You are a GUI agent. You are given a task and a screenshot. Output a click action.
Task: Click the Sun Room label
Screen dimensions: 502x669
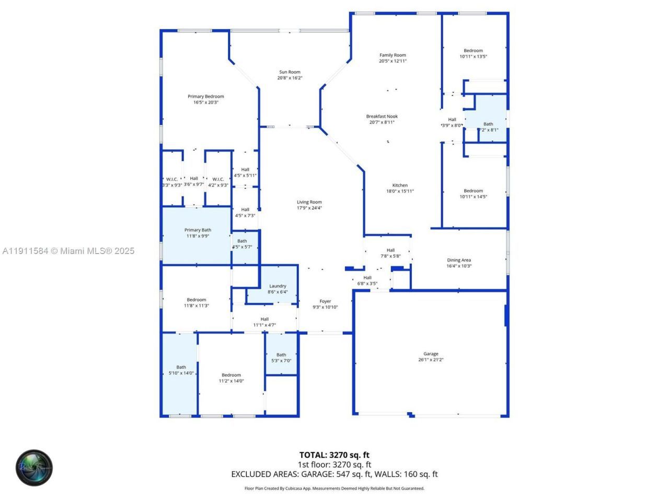point(290,72)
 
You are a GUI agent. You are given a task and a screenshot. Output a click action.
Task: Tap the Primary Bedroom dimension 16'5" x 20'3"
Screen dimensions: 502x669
point(205,102)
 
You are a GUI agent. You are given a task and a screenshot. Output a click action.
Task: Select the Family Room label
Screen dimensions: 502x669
point(393,55)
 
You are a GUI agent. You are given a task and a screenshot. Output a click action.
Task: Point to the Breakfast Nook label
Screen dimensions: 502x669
point(382,117)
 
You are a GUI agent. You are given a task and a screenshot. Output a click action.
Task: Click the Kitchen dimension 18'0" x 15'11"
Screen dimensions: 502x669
point(400,191)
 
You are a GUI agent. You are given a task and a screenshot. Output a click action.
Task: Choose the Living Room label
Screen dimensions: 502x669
point(309,202)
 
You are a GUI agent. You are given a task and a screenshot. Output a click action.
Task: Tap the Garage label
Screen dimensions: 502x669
point(431,354)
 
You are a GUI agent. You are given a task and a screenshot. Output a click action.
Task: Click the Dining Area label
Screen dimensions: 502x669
point(459,260)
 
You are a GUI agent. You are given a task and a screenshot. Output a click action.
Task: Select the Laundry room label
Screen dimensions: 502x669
point(278,286)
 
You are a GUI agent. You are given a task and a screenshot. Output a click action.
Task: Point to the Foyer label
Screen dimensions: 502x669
point(325,301)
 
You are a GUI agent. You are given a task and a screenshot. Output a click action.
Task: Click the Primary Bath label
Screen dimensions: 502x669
point(198,230)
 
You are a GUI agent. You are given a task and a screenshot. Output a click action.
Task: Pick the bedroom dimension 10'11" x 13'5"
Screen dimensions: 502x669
point(473,56)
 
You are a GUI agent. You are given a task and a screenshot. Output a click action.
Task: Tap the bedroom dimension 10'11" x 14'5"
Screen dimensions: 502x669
point(473,197)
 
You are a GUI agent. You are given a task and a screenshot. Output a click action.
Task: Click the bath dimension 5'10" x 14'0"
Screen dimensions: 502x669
point(181,373)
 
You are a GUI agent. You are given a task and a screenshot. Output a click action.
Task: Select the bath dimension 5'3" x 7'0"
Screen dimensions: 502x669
point(281,361)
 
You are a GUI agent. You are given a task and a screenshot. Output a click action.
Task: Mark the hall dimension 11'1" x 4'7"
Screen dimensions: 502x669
point(264,325)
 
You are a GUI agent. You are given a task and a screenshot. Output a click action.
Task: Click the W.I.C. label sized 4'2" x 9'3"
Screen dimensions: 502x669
point(218,179)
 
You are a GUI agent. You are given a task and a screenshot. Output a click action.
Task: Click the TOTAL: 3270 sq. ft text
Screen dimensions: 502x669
point(334,455)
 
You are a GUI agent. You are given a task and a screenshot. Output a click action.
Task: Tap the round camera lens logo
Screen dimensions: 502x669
point(34,467)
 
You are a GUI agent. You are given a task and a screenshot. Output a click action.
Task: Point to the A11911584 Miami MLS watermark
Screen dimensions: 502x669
point(68,251)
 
